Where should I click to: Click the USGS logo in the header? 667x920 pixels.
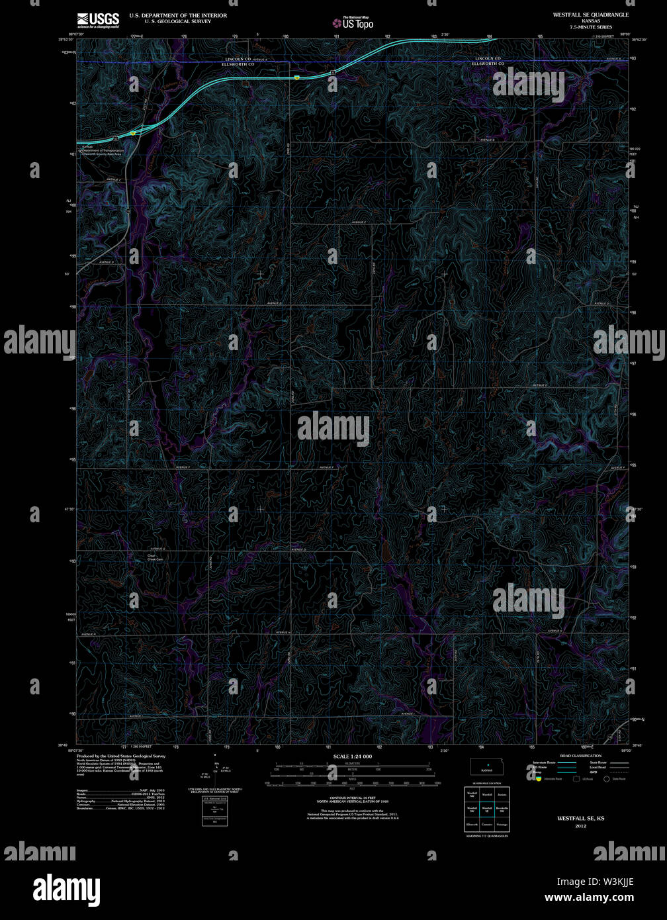coord(98,20)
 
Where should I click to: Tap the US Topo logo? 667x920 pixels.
coord(353,23)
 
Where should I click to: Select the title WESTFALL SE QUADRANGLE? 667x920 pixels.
coord(591,14)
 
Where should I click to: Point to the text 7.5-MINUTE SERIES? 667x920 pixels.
coord(591,27)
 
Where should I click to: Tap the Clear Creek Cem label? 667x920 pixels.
coord(155,557)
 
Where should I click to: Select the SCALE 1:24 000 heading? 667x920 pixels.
coord(352,756)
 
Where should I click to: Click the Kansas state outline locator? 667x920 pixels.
coord(486,767)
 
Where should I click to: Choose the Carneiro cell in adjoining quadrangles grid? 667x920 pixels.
coord(487,825)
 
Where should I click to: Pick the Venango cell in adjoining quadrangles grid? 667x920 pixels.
coord(502,825)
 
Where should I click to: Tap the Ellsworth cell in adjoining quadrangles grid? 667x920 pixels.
coord(472,825)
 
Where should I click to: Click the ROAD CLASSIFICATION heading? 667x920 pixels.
coord(580,756)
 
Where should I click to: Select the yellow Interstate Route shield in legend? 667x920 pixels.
coord(539,779)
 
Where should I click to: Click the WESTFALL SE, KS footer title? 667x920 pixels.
coord(580,818)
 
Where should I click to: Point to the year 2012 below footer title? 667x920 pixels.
coord(580,826)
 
